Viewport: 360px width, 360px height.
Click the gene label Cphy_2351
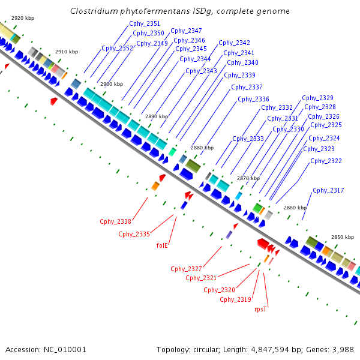(145, 23)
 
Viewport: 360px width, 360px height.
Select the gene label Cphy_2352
(117, 48)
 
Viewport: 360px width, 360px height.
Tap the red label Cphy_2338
(115, 221)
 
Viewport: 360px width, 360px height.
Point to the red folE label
(162, 245)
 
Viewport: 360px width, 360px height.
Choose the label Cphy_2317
(328, 190)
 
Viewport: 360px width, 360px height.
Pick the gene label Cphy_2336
(253, 99)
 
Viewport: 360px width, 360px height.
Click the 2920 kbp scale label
(23, 18)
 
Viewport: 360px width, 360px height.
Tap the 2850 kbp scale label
(343, 237)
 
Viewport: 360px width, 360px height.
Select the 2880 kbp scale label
(202, 147)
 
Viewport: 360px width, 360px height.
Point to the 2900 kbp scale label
(111, 84)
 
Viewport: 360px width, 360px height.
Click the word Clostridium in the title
(95, 11)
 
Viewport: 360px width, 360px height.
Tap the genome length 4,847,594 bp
(269, 349)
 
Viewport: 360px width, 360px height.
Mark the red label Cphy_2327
(186, 268)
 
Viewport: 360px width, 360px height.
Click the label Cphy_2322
(326, 161)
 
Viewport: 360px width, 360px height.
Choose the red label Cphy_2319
(235, 299)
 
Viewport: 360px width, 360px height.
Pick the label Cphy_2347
(186, 31)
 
